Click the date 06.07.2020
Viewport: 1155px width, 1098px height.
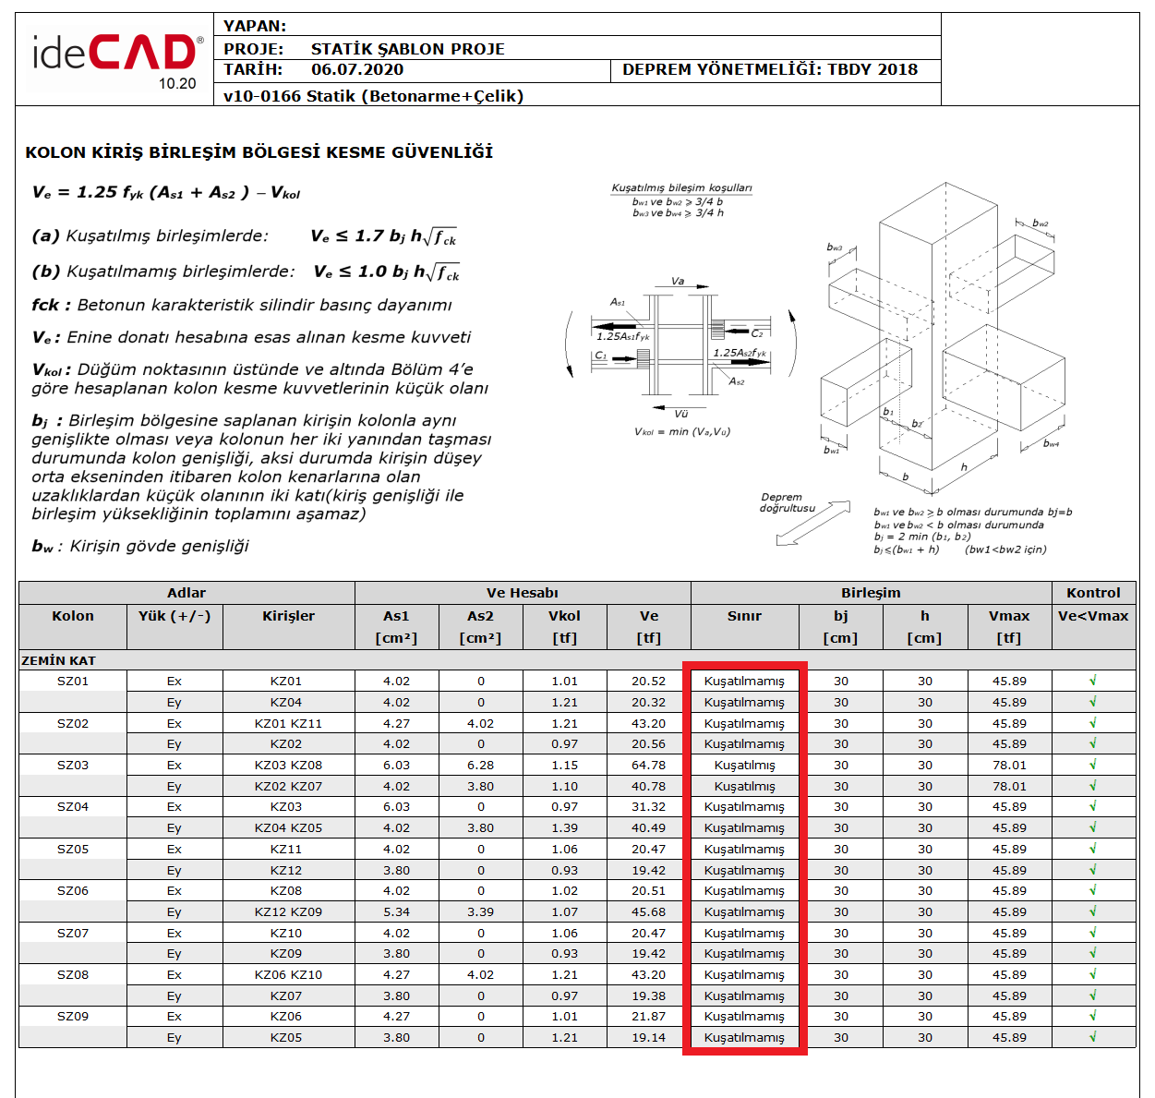pos(356,69)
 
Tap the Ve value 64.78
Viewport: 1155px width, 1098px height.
pos(648,766)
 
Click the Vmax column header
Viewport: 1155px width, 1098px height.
pos(1008,616)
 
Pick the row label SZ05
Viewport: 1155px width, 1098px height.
pos(73,850)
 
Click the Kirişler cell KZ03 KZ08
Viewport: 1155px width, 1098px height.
pos(288,766)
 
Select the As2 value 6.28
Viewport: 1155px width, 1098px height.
pos(480,766)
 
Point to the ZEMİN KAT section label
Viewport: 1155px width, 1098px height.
pos(58,660)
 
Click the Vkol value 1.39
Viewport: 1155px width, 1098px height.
pos(564,828)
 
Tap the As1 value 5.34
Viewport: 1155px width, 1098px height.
pos(396,912)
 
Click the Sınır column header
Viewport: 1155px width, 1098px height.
pos(744,616)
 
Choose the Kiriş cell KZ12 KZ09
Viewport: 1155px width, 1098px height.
pos(288,912)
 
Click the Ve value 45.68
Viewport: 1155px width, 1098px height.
pos(648,912)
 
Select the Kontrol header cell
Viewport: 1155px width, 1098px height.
pos(1093,593)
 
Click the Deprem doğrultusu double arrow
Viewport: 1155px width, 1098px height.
pos(812,524)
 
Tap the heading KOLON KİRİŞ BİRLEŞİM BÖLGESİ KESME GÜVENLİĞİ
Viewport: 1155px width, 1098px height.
pos(259,152)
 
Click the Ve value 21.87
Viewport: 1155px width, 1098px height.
pos(648,1017)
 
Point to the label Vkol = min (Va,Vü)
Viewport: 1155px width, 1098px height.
pos(681,431)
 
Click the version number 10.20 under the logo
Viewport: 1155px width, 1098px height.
pos(177,84)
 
